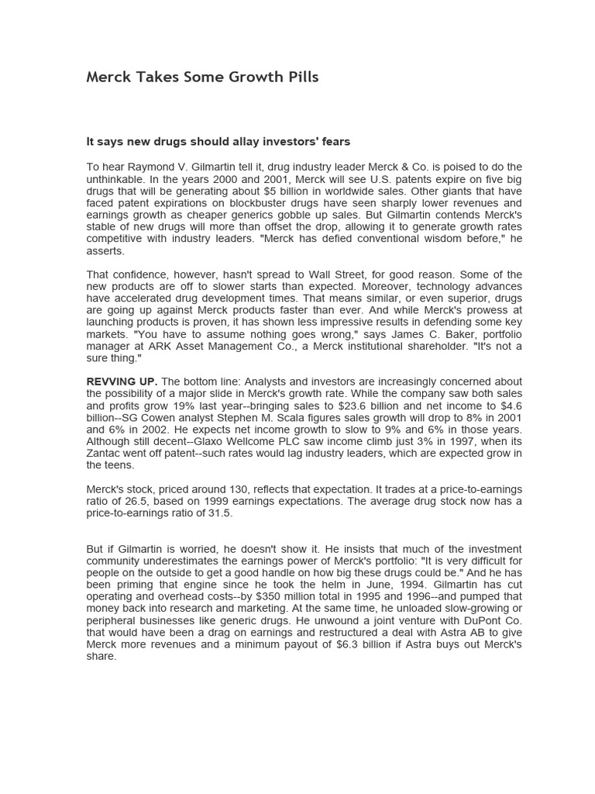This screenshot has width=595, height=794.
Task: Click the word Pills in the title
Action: point(298,77)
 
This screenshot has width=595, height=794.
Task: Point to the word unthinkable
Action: point(116,179)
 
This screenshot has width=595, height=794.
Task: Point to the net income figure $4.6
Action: point(507,405)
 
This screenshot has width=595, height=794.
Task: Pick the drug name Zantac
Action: point(104,453)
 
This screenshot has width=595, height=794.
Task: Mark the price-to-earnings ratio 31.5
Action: point(219,513)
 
